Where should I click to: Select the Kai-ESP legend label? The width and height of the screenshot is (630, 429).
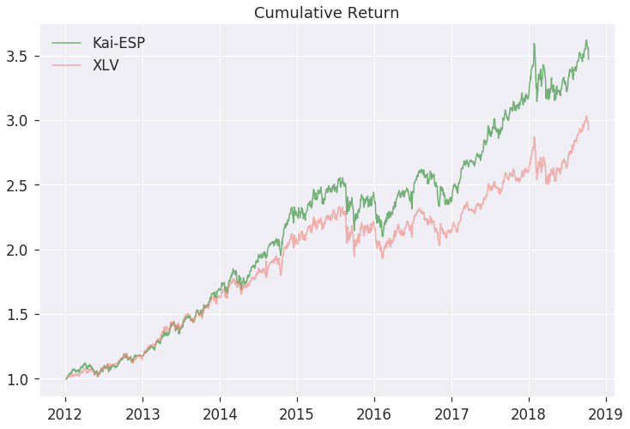[x=118, y=43]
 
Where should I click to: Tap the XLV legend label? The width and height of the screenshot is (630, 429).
[x=106, y=65]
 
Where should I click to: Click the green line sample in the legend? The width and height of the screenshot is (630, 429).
[x=68, y=43]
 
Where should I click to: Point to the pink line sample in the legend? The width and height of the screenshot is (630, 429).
[x=68, y=65]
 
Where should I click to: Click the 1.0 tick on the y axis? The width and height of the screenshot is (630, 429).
[x=21, y=379]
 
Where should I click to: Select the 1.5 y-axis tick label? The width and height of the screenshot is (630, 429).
[x=21, y=315]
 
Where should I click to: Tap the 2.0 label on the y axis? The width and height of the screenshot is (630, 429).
[x=21, y=250]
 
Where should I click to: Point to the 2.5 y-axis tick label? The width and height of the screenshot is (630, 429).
[x=21, y=185]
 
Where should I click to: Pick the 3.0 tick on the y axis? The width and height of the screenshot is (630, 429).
[x=21, y=121]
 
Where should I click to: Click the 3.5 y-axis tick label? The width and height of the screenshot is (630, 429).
[x=21, y=57]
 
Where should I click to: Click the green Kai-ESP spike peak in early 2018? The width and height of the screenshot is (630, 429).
[x=534, y=44]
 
